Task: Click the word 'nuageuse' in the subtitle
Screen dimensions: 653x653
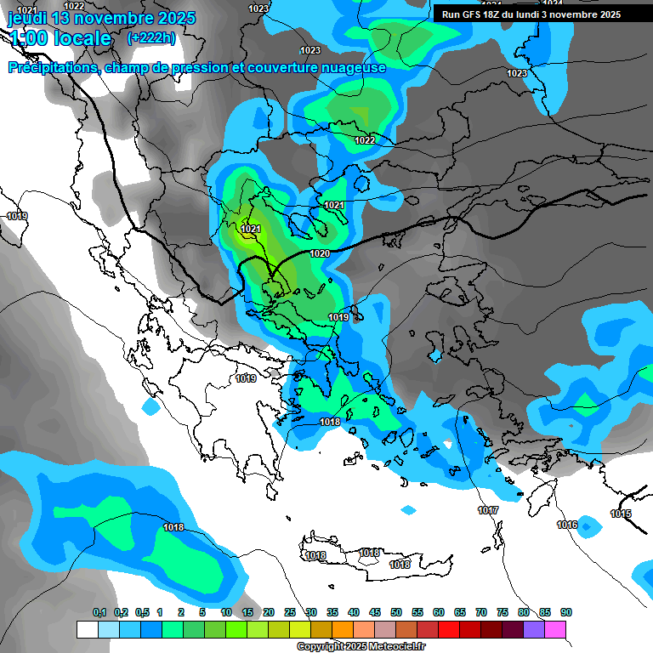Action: coord(353,67)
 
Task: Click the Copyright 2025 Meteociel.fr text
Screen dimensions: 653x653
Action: coord(361,647)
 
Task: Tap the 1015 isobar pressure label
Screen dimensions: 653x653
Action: coord(621,514)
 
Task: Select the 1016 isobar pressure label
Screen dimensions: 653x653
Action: coord(567,525)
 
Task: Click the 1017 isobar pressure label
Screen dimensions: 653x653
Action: coord(488,510)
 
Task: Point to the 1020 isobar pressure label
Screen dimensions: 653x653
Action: coord(320,253)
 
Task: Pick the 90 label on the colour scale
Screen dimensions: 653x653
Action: coord(566,612)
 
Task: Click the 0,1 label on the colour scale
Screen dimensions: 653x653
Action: coord(99,612)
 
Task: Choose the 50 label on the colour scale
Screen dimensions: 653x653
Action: coord(396,612)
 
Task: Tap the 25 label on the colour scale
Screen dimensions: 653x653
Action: coord(290,612)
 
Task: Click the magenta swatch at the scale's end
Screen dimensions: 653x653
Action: coord(555,629)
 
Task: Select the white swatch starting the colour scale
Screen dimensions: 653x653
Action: coord(87,629)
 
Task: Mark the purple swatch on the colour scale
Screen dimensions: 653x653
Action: coord(534,629)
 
